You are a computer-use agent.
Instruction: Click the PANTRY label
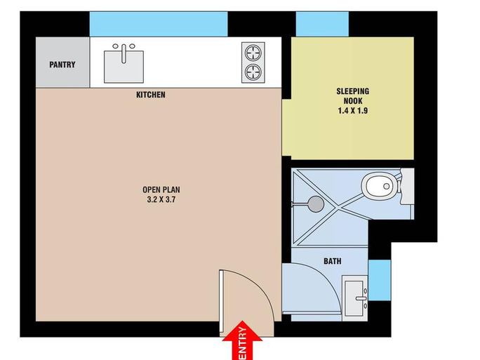pyautogui.click(x=62, y=65)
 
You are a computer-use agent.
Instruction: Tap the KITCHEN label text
pyautogui.click(x=151, y=95)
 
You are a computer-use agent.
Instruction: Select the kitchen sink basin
pyautogui.click(x=124, y=67)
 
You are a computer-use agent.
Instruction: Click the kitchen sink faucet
pyautogui.click(x=124, y=53)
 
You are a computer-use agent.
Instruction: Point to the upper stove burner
pyautogui.click(x=253, y=53)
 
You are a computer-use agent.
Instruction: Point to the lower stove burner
pyautogui.click(x=253, y=72)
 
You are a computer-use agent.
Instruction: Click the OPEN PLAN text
pyautogui.click(x=161, y=189)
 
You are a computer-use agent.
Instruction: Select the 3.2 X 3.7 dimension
pyautogui.click(x=161, y=199)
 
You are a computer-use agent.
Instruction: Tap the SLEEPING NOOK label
pyautogui.click(x=353, y=96)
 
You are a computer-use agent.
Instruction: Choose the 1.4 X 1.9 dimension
pyautogui.click(x=353, y=110)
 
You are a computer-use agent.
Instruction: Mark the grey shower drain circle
pyautogui.click(x=316, y=204)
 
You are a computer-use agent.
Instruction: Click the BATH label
pyautogui.click(x=333, y=261)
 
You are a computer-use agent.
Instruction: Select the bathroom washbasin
pyautogui.click(x=355, y=298)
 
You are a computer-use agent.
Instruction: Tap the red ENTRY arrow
pyautogui.click(x=242, y=340)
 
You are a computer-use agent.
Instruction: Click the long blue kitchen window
pyautogui.click(x=159, y=24)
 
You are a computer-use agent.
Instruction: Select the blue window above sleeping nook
pyautogui.click(x=322, y=24)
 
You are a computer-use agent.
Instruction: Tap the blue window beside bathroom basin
pyautogui.click(x=380, y=280)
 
